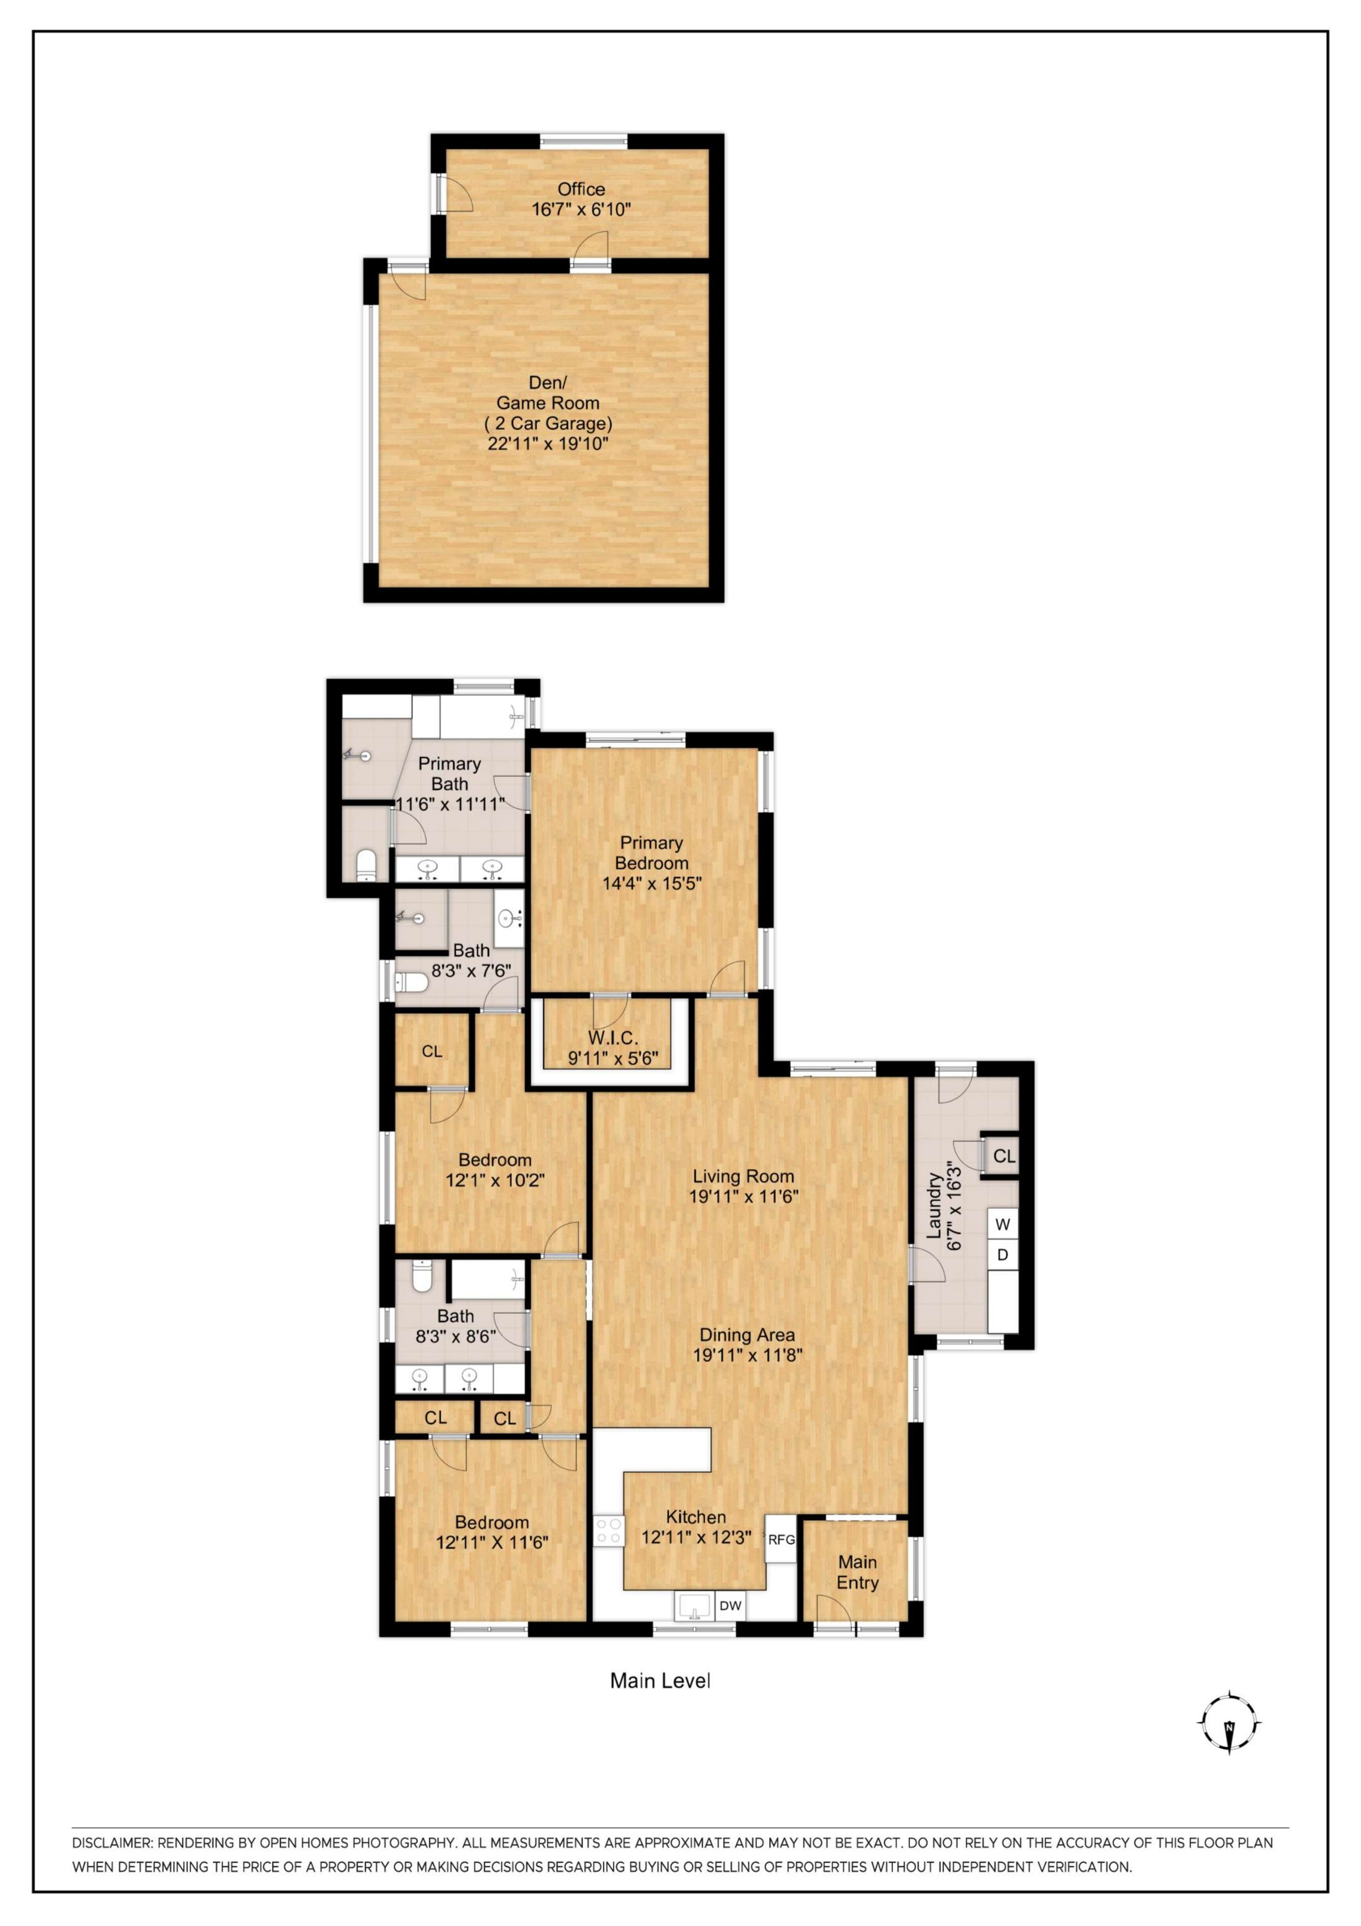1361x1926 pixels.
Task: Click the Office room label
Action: pos(580,190)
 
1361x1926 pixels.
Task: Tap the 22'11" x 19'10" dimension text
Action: pos(547,444)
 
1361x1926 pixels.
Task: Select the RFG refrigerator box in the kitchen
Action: pos(780,1539)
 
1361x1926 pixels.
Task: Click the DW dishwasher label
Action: pos(730,1606)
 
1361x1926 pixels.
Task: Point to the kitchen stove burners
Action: pos(608,1531)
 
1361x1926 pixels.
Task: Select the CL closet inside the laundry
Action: pos(1003,1156)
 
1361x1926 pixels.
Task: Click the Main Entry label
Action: pos(857,1572)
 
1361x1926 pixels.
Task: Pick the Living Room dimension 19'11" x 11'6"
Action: pos(743,1197)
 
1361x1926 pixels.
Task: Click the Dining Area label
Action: pos(746,1335)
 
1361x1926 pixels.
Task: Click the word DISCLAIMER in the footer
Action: pos(111,1843)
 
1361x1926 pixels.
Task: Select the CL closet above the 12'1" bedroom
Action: pos(432,1051)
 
